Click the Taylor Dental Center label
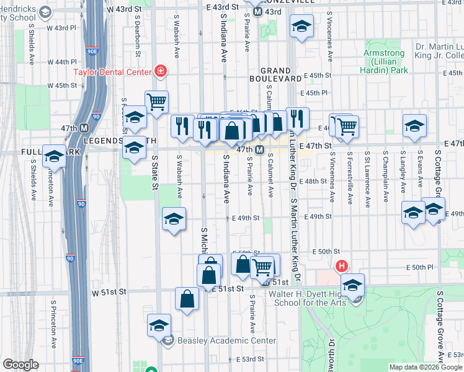point(113,71)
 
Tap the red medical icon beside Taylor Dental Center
point(161,71)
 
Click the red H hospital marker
point(341,267)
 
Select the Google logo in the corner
point(20,365)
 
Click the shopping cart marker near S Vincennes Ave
point(347,126)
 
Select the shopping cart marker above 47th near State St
point(157,100)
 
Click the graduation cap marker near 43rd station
point(301,26)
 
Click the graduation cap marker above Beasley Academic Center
point(159,325)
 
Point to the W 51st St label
point(109,291)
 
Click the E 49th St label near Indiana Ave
point(246,218)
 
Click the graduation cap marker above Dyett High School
point(352,285)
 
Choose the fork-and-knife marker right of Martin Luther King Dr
point(297,118)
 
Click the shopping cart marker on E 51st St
point(263,267)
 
